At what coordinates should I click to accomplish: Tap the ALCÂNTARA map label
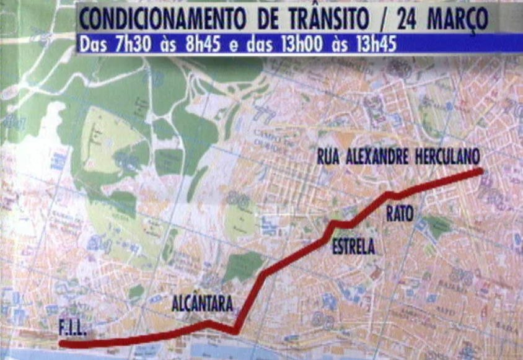(x=202, y=305)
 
